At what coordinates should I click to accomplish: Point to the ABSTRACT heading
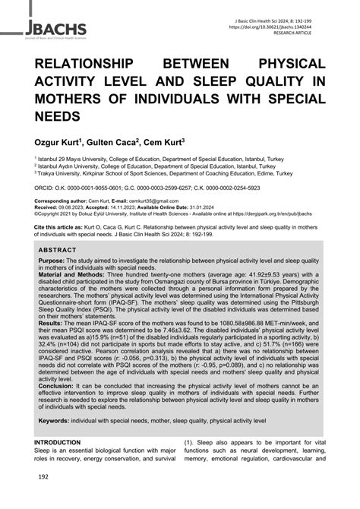pos(60,248)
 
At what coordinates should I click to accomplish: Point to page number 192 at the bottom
pos(43,498)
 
